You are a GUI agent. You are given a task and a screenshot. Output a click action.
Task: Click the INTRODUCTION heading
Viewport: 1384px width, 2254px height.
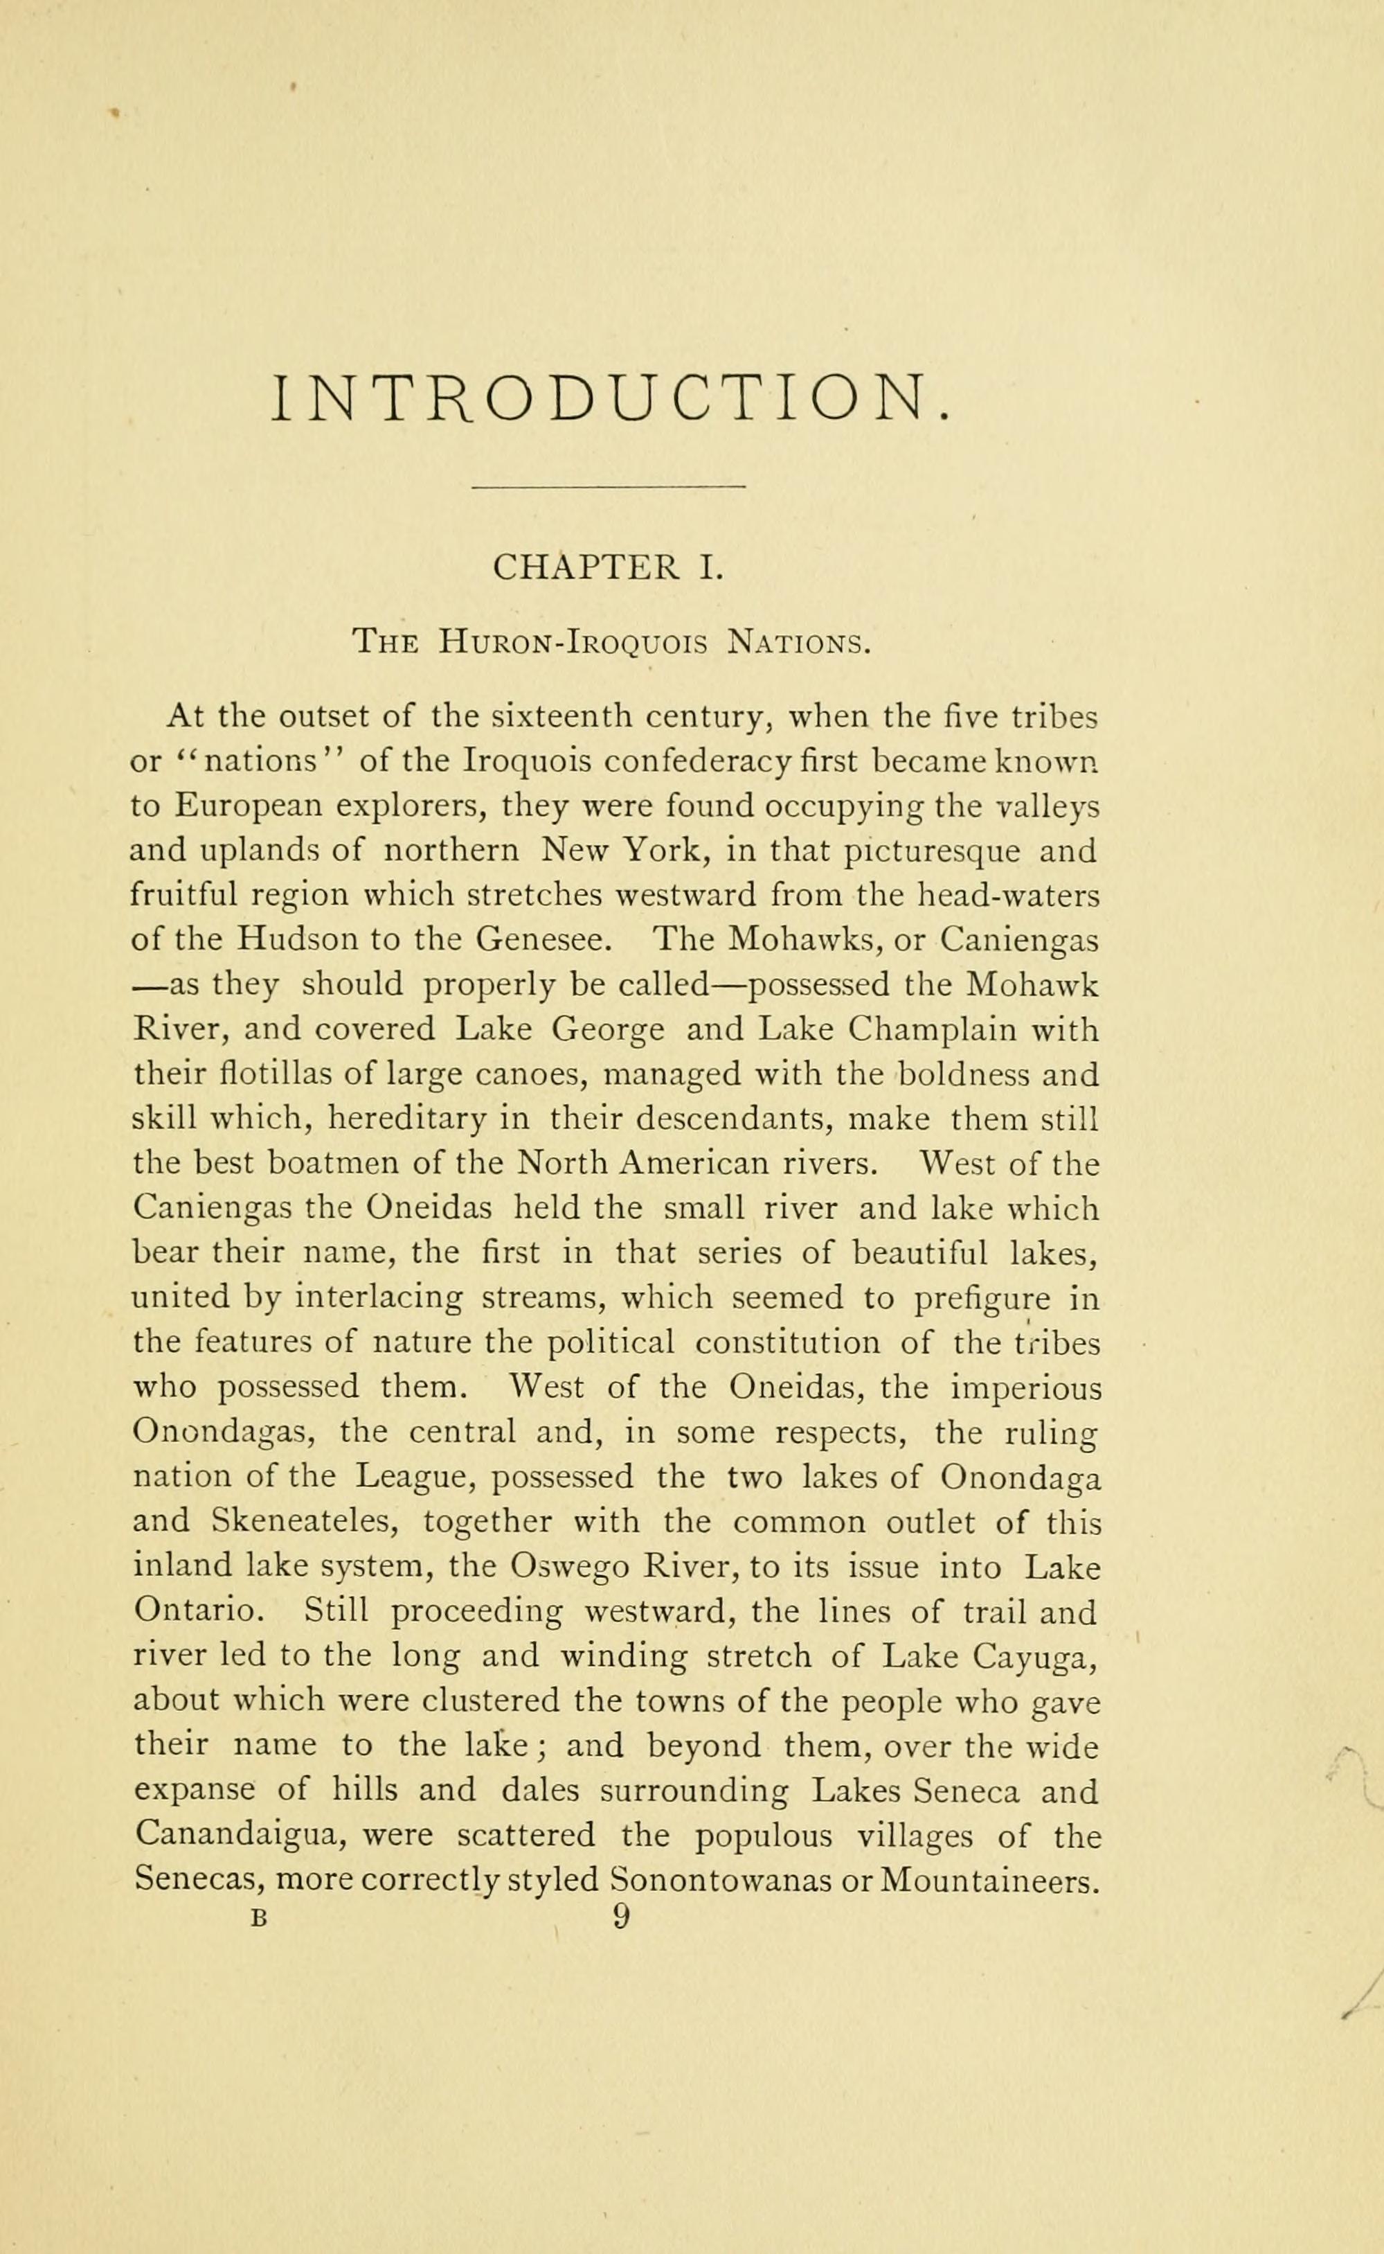(x=611, y=398)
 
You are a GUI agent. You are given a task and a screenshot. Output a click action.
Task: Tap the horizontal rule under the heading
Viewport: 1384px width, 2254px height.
(x=608, y=486)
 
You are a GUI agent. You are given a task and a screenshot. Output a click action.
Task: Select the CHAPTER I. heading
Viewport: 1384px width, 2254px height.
(x=609, y=569)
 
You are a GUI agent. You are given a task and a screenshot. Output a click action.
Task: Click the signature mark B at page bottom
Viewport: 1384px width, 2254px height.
(x=259, y=1920)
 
